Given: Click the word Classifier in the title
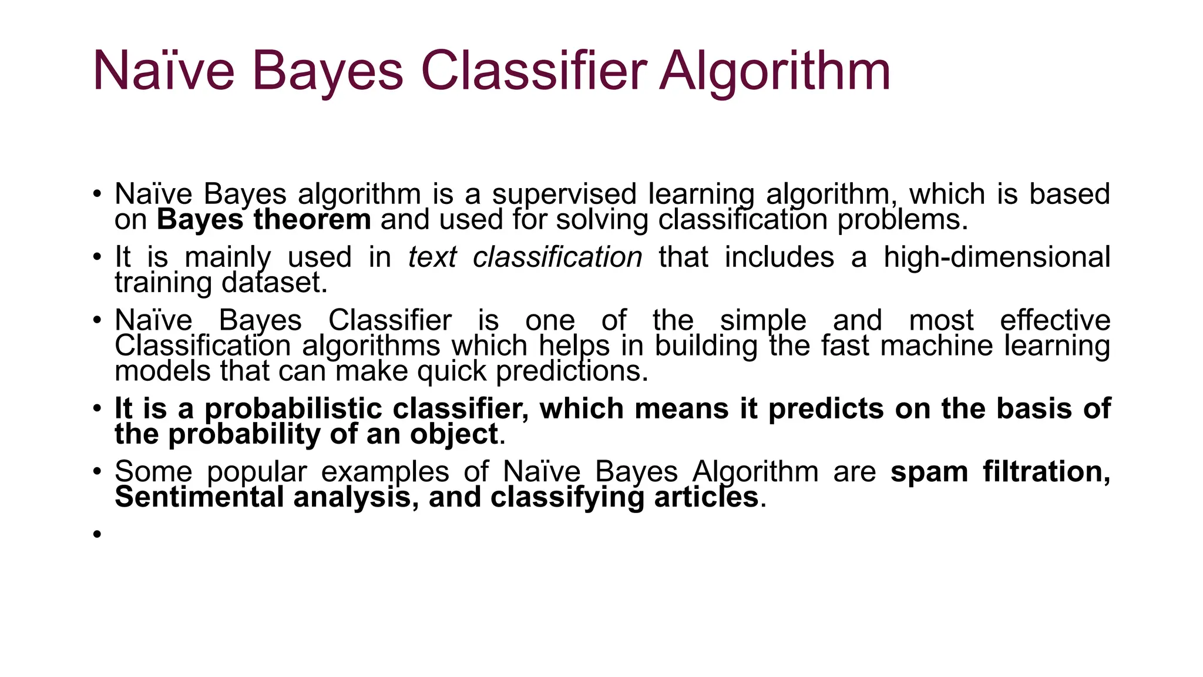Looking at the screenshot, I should tap(533, 72).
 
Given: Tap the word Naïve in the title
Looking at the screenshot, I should tap(163, 72).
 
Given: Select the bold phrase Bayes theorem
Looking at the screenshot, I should tap(264, 220).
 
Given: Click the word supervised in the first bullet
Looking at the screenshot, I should tap(564, 195).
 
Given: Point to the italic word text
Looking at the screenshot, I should tap(432, 257).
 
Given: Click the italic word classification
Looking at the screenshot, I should tap(557, 257).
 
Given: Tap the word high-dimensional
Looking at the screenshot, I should tap(997, 257).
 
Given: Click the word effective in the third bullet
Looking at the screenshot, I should tap(1055, 321).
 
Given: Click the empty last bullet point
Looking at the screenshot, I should tap(98, 534).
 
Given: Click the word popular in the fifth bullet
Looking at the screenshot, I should tap(257, 472).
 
